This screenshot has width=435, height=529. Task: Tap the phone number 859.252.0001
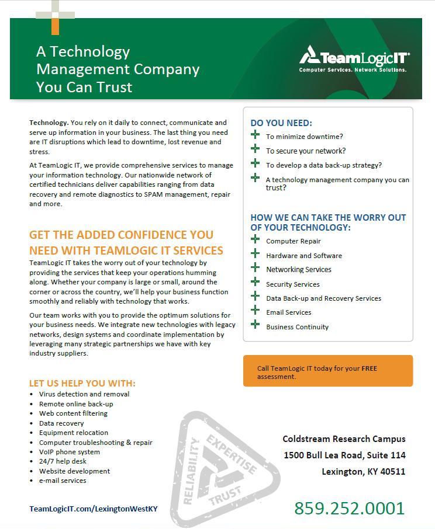pos(349,508)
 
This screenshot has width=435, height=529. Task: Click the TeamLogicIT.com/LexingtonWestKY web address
pos(94,509)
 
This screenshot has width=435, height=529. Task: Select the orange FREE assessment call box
pos(328,372)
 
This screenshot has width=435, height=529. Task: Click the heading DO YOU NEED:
pos(281,123)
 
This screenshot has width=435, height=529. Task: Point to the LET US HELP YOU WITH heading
pos(82,383)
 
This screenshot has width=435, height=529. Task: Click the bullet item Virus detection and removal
pos(84,394)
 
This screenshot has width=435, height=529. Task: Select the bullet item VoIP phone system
pos(69,452)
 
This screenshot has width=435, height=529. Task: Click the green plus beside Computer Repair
pos(255,239)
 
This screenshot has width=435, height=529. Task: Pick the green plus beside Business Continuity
pos(255,325)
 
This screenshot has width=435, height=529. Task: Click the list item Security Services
pos(292,284)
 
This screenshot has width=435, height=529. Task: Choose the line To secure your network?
pos(306,151)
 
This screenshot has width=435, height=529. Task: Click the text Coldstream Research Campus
pos(344,438)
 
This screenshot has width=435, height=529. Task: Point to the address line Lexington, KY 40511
pos(363,472)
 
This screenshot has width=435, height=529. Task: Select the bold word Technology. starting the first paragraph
pos(49,123)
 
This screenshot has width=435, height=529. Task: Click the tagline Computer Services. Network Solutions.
pos(353,70)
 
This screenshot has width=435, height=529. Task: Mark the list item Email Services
pos(288,312)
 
